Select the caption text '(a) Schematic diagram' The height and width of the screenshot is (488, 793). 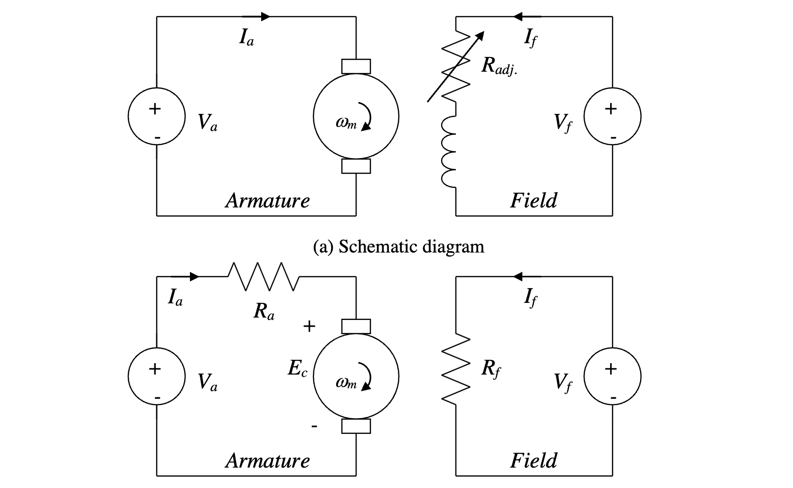pyautogui.click(x=399, y=247)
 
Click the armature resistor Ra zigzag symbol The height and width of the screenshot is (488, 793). pyautogui.click(x=264, y=276)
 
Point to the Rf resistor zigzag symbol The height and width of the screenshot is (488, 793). pyautogui.click(x=456, y=369)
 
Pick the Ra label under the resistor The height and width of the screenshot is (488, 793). pyautogui.click(x=264, y=311)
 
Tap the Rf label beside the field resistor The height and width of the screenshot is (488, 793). pyautogui.click(x=491, y=369)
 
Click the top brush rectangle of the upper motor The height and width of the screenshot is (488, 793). pyautogui.click(x=356, y=66)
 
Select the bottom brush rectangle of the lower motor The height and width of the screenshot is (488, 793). pyautogui.click(x=356, y=426)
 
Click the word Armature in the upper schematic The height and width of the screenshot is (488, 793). pyautogui.click(x=267, y=200)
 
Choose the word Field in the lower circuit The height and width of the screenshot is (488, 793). pyautogui.click(x=534, y=460)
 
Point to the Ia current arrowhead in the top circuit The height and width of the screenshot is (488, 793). pyautogui.click(x=265, y=17)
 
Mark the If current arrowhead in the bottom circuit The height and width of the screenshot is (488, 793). pyautogui.click(x=519, y=276)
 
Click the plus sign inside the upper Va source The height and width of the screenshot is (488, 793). pyautogui.click(x=155, y=109)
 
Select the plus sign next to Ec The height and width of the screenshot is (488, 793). pyautogui.click(x=309, y=326)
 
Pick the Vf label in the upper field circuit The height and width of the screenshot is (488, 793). pyautogui.click(x=563, y=123)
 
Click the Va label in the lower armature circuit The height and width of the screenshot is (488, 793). pyautogui.click(x=208, y=382)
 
